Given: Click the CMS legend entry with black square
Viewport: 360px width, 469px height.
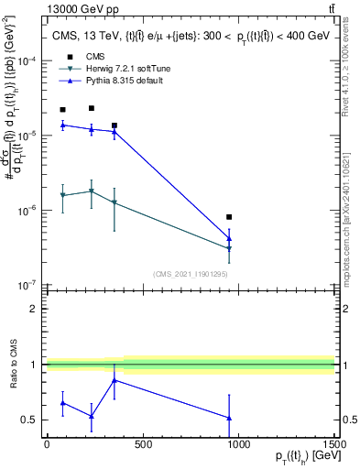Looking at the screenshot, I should point(92,55).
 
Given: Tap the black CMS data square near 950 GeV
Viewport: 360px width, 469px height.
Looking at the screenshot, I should point(229,217).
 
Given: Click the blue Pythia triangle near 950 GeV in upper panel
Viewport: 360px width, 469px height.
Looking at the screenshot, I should point(229,239).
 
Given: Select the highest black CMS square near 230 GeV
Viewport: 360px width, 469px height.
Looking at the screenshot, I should point(92,108).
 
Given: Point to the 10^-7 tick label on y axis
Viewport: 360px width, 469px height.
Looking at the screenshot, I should point(27,285).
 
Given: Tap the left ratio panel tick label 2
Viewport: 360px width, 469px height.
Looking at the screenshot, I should point(35,309).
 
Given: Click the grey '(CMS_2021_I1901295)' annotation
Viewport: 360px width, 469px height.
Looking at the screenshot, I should point(191,274).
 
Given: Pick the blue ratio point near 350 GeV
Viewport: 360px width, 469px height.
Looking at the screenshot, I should point(114,380).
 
